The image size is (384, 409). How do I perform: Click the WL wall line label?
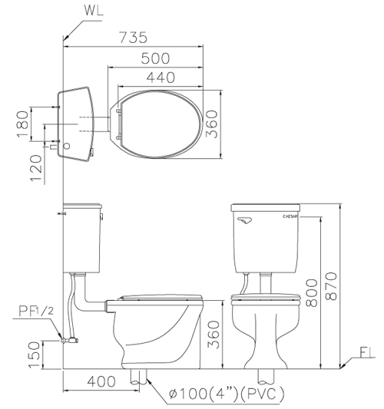tap(94, 10)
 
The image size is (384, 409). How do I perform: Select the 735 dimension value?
tap(133, 38)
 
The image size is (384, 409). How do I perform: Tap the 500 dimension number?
tap(155, 58)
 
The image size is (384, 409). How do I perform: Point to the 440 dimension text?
tap(161, 78)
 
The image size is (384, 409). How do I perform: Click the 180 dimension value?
tap(22, 124)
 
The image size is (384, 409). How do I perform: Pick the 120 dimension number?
tap(36, 168)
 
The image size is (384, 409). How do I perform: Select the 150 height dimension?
tap(35, 355)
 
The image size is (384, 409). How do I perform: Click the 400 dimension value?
tap(101, 381)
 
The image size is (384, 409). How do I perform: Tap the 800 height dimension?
tap(312, 292)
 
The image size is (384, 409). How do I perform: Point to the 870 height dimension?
tap(332, 286)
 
